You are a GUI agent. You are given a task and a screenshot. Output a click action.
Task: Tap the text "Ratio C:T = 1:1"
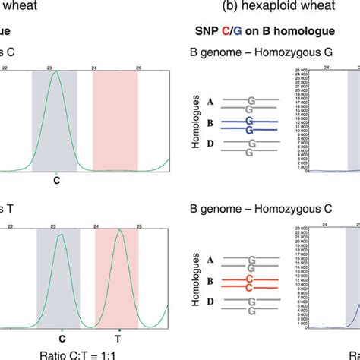[86, 354]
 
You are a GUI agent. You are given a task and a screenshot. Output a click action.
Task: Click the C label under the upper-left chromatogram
[55, 182]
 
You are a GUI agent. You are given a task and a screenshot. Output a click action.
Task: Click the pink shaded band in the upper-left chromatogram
[115, 122]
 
